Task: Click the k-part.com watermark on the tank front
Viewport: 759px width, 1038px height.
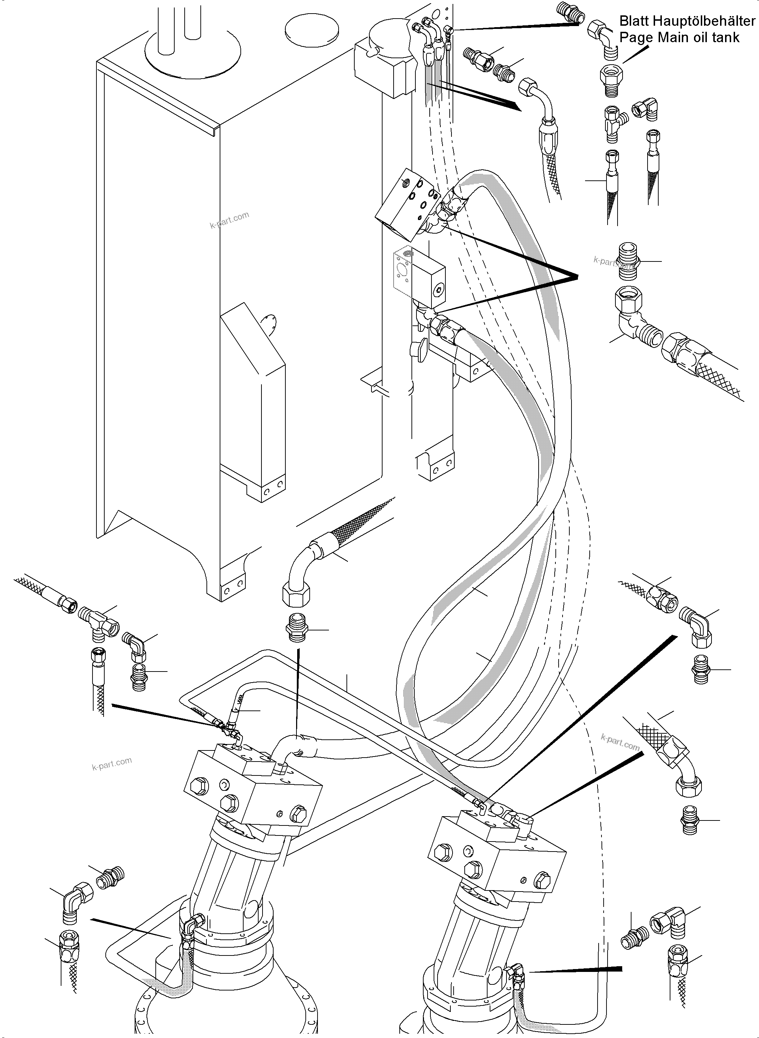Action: coord(229,220)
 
